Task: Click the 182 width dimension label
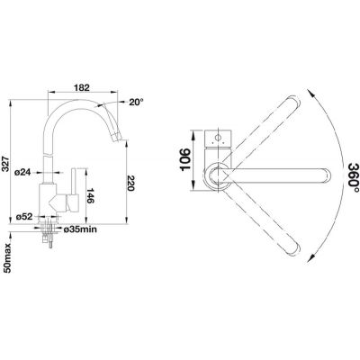[82, 87]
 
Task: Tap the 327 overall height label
[5, 164]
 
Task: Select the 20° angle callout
[136, 103]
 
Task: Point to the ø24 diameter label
[23, 173]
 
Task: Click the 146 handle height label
[90, 195]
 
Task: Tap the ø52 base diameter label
[23, 217]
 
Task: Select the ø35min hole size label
[80, 229]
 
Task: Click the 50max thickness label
[8, 258]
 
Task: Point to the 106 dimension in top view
[185, 159]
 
